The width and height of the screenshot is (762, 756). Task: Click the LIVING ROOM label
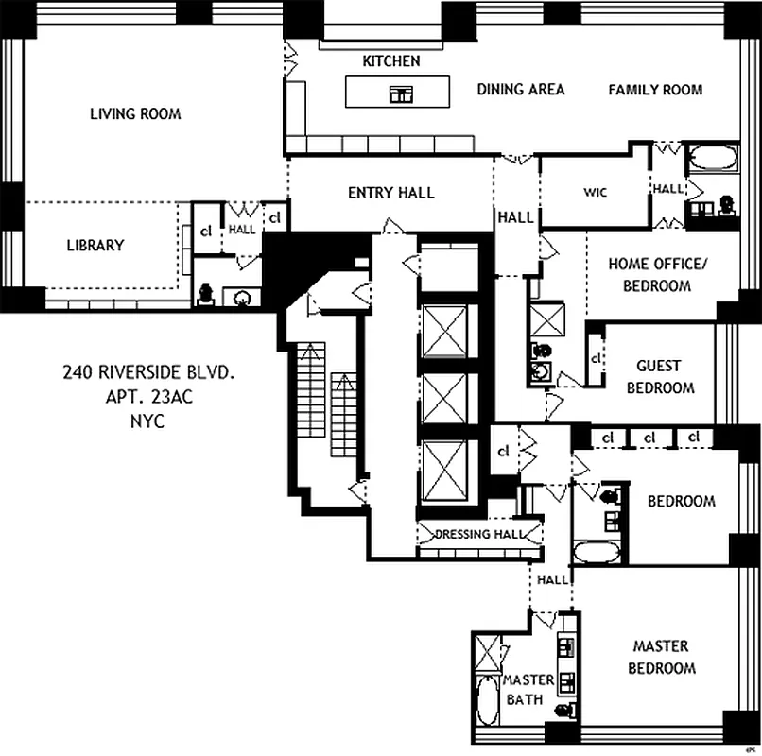(x=135, y=113)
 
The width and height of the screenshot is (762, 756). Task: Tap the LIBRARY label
(x=95, y=246)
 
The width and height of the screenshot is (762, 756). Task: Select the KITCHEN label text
(x=391, y=61)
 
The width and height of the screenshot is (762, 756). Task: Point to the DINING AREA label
(x=521, y=89)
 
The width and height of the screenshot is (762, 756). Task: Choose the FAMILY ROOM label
(x=655, y=89)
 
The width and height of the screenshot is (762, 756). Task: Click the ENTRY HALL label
(x=390, y=193)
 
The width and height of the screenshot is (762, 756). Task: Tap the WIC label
(x=595, y=193)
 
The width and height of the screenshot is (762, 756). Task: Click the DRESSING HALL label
(x=478, y=534)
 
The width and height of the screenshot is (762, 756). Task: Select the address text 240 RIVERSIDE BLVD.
(x=148, y=373)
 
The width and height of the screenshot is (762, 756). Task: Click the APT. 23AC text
(x=148, y=397)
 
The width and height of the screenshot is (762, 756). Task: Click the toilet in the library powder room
(x=205, y=294)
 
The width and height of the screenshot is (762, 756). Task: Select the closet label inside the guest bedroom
(x=596, y=360)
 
